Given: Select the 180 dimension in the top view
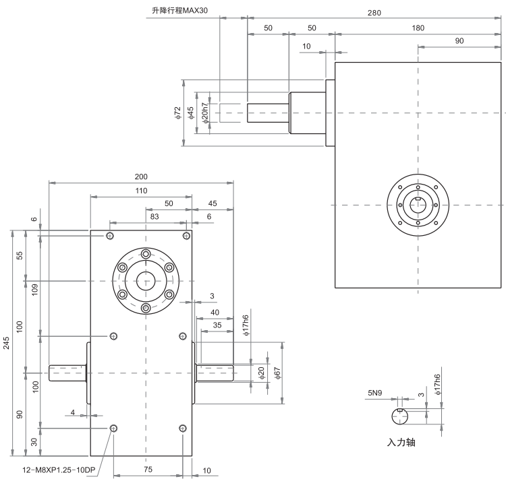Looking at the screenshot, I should tap(418, 28).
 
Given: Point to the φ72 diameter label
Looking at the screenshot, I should tap(177, 113).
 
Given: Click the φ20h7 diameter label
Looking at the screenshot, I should tap(204, 113).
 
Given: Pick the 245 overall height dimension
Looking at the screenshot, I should tap(7, 344).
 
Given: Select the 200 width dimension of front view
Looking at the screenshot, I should tap(141, 177).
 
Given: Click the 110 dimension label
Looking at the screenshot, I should tap(141, 191).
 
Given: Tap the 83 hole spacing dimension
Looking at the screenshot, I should tap(154, 216).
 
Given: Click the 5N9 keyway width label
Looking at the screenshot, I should tap(374, 392).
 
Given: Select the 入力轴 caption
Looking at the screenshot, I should tap(401, 443).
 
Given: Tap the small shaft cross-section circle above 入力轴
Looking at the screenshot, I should tap(401, 417).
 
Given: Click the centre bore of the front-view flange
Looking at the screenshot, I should tap(145, 280).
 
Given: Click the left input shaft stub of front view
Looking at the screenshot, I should tap(67, 372).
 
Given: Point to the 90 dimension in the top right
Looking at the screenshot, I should tap(459, 41).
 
